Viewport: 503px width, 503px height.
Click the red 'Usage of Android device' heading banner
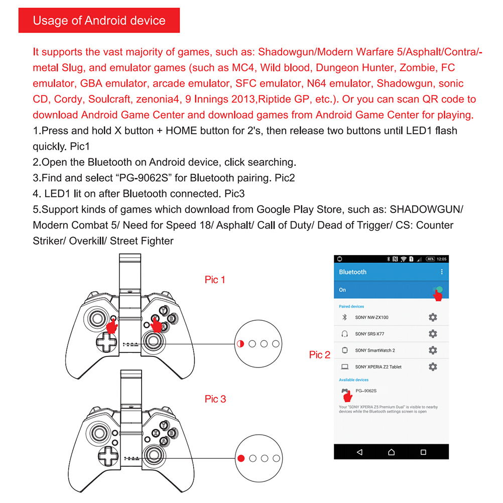click(x=99, y=21)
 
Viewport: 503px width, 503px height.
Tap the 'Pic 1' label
click(x=215, y=280)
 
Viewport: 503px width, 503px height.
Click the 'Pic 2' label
click(x=320, y=355)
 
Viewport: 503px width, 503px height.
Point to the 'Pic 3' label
click(x=215, y=399)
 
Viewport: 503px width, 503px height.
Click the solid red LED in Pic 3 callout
click(x=241, y=458)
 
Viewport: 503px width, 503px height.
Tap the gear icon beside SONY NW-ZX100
click(x=433, y=317)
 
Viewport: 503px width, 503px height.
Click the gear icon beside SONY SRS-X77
click(x=433, y=334)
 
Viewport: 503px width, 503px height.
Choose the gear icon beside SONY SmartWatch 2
click(x=433, y=350)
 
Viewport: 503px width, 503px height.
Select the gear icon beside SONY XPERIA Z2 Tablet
click(x=433, y=367)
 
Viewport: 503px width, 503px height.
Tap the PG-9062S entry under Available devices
click(x=365, y=391)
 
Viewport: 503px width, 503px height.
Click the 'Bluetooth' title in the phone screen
click(x=353, y=272)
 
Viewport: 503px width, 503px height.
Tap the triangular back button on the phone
click(x=359, y=452)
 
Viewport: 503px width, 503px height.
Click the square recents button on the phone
click(x=423, y=452)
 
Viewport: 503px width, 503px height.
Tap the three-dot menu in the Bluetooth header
click(x=442, y=272)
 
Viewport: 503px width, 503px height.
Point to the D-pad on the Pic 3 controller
click(x=106, y=457)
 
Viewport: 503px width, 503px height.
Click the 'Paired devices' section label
click(x=351, y=306)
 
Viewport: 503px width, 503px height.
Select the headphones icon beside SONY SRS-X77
click(x=345, y=334)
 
